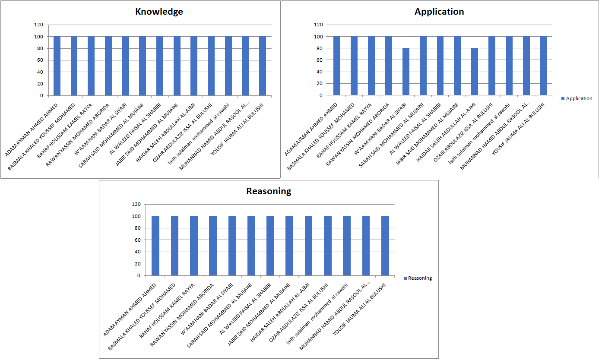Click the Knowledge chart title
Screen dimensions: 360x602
coord(159,12)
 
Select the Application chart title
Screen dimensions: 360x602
coord(439,12)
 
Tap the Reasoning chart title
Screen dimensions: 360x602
coord(269,191)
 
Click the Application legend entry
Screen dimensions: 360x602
coord(577,98)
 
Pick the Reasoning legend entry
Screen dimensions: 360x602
coord(418,278)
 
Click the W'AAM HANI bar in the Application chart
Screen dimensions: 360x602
coord(406,72)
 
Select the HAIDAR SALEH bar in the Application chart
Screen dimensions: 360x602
coord(475,72)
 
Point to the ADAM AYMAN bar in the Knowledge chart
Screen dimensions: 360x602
coord(57,66)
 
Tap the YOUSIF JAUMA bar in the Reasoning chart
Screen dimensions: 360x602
coord(385,246)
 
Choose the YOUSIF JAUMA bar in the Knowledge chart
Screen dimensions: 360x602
coord(263,66)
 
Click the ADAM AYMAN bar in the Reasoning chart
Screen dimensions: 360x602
coord(155,246)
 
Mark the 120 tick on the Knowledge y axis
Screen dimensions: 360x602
coord(39,25)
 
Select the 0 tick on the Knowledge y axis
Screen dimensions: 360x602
coord(41,95)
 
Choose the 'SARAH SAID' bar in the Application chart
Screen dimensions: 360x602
coord(423,66)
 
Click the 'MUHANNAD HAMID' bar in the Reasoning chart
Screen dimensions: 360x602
coord(366,246)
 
